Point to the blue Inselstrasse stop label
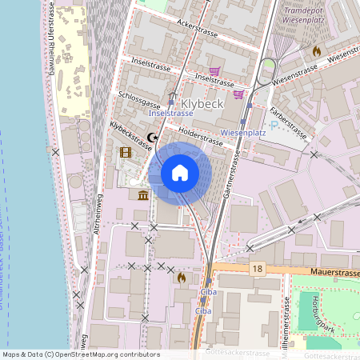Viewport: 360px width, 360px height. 171,114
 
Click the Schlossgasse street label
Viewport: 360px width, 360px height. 138,101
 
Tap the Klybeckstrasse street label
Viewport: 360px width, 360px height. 130,135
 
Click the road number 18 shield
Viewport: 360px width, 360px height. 256,269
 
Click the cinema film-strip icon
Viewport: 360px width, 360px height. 125,152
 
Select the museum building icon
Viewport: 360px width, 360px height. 142,195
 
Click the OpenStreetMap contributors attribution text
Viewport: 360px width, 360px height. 81,354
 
